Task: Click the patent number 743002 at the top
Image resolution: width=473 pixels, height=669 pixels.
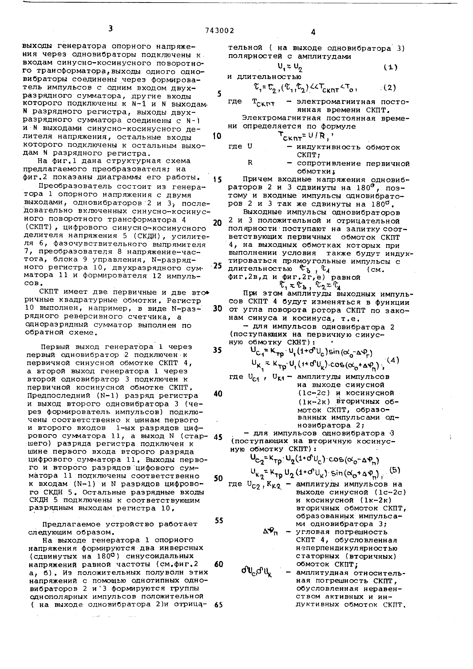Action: pyautogui.click(x=219, y=31)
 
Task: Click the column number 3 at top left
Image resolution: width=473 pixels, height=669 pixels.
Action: pyautogui.click(x=110, y=29)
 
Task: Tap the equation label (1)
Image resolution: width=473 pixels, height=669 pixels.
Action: pyautogui.click(x=390, y=67)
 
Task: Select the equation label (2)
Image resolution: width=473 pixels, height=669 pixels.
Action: pyautogui.click(x=389, y=87)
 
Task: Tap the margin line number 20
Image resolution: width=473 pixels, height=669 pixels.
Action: pyautogui.click(x=217, y=223)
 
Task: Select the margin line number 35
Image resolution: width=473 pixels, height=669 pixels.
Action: pyautogui.click(x=217, y=350)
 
